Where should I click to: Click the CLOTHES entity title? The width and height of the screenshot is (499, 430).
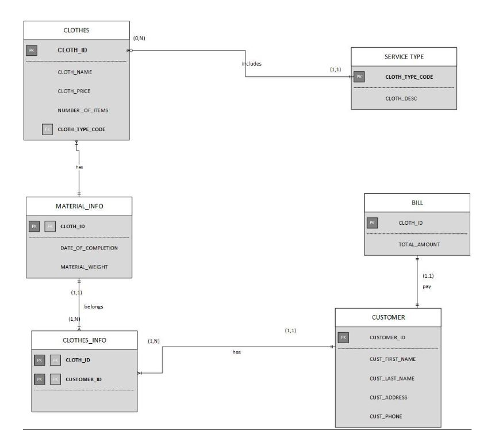(76, 31)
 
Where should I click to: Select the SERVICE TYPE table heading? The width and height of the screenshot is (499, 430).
(404, 57)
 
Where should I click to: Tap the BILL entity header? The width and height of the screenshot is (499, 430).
(417, 203)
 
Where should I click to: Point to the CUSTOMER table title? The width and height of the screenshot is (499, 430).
(388, 317)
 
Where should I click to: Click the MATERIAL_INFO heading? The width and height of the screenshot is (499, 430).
(79, 206)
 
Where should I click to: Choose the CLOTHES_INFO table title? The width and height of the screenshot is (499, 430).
(84, 340)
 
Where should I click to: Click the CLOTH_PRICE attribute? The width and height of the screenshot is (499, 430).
(74, 91)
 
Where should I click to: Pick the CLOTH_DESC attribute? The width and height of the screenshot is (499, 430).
(401, 99)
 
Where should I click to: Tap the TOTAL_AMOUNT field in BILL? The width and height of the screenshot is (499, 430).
(419, 244)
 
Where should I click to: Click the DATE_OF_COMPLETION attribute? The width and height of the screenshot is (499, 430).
(89, 248)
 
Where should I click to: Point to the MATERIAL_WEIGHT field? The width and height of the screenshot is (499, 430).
(85, 267)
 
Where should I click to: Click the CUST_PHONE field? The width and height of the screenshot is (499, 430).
(386, 416)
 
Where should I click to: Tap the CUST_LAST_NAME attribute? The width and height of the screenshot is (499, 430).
(392, 378)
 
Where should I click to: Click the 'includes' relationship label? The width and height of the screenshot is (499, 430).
(251, 64)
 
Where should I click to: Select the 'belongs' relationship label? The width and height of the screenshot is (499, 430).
(94, 306)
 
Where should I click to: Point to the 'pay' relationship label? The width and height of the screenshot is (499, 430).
(427, 286)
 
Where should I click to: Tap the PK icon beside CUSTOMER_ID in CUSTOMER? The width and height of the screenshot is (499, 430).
(343, 337)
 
